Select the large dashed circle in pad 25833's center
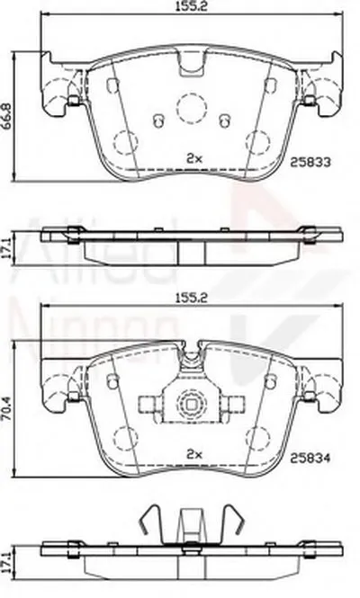[x=190, y=108]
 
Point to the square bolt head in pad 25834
[x=190, y=403]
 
